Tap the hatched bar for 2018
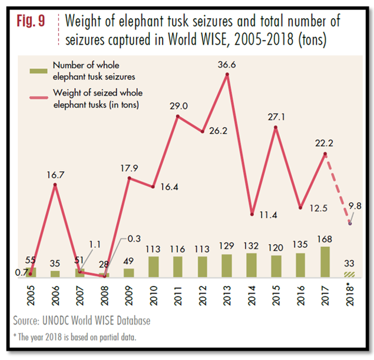[x=350, y=274]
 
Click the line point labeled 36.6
[x=227, y=75]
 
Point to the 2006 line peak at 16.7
[x=55, y=185]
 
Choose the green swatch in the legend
[x=39, y=72]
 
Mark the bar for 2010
[x=153, y=266]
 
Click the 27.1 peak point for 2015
[x=276, y=127]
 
